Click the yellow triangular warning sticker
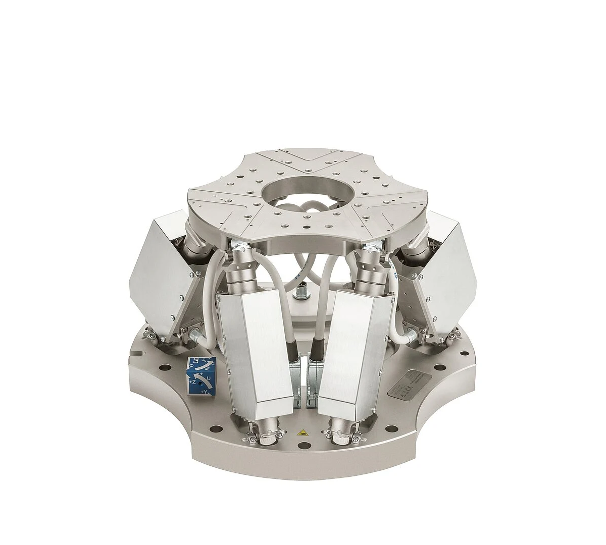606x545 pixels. [302, 432]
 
